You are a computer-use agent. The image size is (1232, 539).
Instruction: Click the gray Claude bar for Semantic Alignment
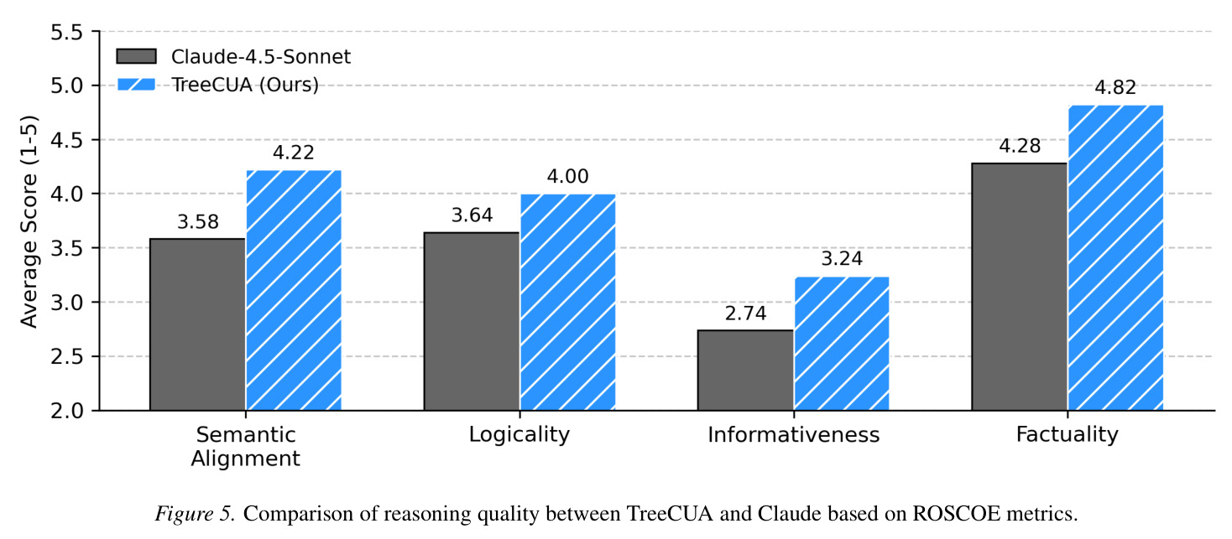197,324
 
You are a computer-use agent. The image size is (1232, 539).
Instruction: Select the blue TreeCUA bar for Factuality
1115,257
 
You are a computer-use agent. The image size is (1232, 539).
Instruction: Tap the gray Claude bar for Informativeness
745,371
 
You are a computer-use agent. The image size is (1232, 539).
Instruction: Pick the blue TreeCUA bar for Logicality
567,302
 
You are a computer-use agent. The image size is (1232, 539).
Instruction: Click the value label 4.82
1115,87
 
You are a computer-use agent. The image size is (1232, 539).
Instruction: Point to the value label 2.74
745,314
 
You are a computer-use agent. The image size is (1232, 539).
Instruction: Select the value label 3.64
472,215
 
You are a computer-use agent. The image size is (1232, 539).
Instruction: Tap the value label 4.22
293,153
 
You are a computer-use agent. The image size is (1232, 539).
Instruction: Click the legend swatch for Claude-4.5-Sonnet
137,57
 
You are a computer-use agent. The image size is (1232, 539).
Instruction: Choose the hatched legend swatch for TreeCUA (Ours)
137,85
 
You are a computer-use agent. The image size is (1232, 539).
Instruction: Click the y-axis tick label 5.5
66,33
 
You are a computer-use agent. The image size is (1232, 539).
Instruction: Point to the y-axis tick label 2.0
66,411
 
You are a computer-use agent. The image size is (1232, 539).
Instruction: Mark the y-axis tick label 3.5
66,248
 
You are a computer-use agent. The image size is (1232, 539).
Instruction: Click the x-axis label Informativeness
794,434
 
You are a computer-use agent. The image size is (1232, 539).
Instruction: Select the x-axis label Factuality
1067,435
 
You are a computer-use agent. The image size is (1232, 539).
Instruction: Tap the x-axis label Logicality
519,435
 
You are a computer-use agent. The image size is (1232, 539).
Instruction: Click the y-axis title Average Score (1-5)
29,221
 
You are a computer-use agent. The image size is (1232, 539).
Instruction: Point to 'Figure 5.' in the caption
196,514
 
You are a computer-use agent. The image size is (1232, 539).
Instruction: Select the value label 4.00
567,176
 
